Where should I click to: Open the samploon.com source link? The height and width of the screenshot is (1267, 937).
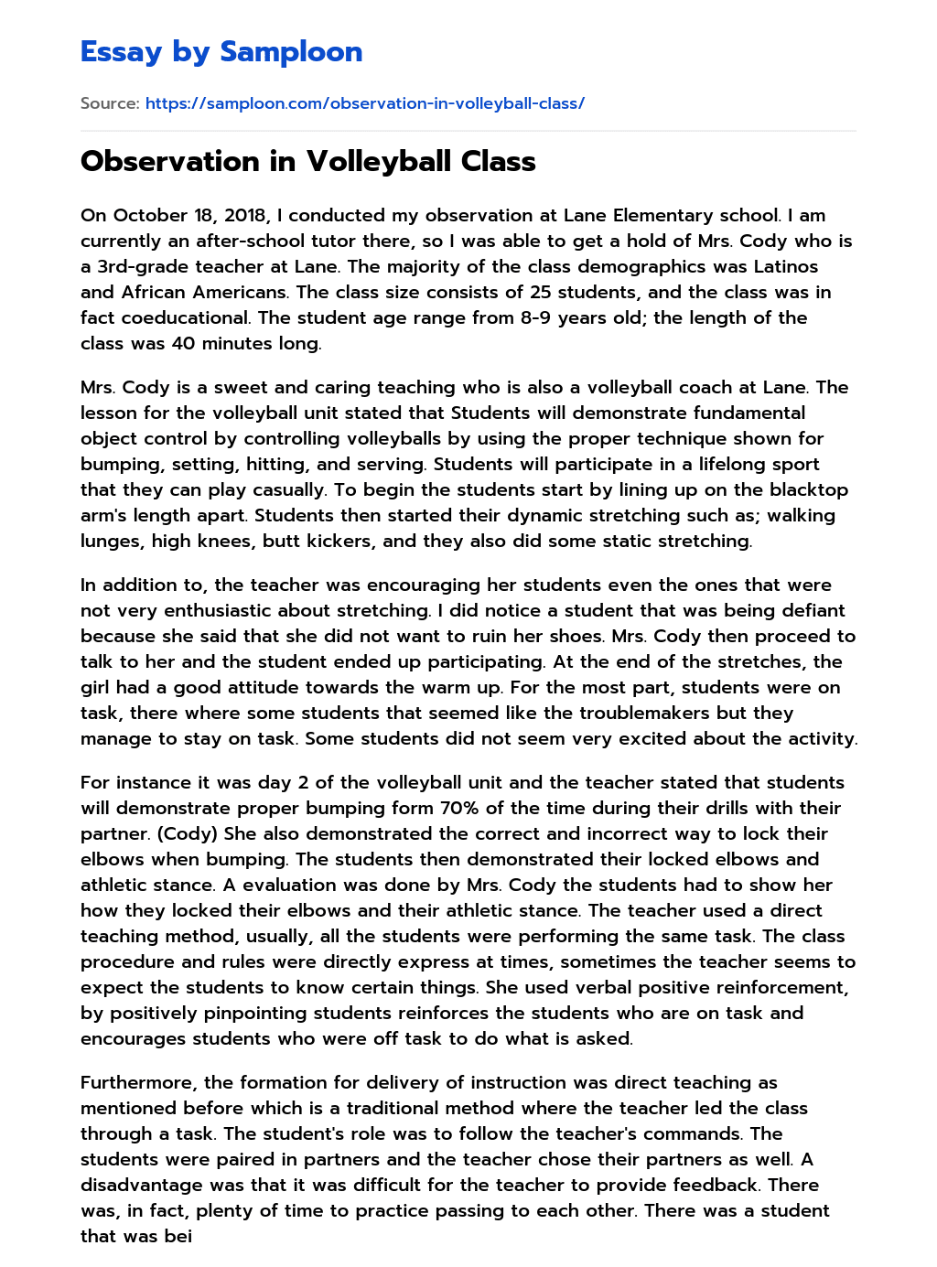364,103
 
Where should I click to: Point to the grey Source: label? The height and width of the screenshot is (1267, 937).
110,103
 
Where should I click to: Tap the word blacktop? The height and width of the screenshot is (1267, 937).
805,490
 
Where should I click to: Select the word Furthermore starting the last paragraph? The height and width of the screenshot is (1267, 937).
137,1083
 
